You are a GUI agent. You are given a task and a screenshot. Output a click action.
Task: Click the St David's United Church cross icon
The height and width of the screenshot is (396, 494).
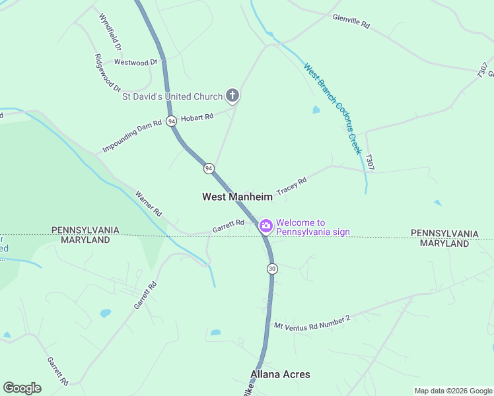coord(232,96)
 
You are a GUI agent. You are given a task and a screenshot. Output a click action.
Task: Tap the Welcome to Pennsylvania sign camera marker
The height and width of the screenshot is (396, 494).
coord(265,227)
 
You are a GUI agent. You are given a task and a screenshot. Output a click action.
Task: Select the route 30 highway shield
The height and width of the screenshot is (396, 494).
coord(272,269)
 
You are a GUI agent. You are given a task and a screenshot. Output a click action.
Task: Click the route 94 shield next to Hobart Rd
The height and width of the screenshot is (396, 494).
coord(171,121)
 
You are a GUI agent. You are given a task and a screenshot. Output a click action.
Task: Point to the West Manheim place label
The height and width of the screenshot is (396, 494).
coord(237,197)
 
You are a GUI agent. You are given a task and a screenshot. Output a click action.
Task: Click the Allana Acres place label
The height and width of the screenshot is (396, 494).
coord(280,374)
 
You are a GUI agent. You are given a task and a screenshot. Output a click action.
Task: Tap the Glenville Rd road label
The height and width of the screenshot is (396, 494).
coord(351,22)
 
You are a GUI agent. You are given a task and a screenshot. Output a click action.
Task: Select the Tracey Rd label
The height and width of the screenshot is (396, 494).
coord(291,186)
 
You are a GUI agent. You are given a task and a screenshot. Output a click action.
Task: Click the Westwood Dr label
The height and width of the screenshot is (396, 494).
coord(137,62)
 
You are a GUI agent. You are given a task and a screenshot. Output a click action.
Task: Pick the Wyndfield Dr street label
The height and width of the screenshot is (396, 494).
coord(110,33)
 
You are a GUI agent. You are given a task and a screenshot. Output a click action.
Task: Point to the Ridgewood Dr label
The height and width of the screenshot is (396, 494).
coord(108,73)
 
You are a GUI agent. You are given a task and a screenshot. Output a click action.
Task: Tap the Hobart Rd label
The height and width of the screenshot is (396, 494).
coord(197,117)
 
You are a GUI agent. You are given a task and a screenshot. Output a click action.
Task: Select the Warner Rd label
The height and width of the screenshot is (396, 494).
coord(148,205)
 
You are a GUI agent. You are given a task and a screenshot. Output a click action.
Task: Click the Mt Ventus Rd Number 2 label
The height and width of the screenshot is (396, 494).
coord(312,322)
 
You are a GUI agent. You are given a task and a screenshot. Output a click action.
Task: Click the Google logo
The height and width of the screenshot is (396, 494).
coord(22,388)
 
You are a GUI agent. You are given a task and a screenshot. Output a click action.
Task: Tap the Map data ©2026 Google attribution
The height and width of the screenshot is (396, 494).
coord(453,391)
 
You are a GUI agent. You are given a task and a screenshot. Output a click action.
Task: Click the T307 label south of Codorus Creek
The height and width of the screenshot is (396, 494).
coord(370,163)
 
